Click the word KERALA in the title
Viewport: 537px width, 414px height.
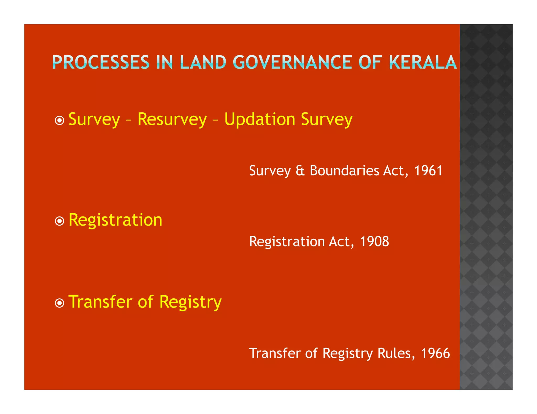[x=423, y=62]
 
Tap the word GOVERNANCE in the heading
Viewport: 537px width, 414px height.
[x=292, y=62]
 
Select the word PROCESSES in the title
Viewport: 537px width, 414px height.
[x=101, y=62]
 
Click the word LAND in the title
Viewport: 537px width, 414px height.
[x=203, y=62]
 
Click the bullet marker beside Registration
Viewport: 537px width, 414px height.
[x=60, y=221]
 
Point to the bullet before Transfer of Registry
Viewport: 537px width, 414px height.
[x=60, y=303]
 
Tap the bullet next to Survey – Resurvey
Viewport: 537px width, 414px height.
[x=60, y=121]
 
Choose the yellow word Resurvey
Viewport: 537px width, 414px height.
[x=172, y=119]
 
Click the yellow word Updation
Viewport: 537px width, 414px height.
[x=260, y=119]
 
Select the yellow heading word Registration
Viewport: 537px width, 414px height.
[x=115, y=220]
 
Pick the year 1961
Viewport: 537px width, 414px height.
[x=428, y=171]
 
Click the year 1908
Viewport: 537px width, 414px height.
[x=374, y=241]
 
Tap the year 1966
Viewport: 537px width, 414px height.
[x=435, y=353]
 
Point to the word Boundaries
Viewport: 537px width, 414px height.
[x=345, y=171]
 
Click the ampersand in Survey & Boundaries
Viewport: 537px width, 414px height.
[x=300, y=171]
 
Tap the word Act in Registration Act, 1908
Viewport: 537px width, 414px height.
[x=341, y=241]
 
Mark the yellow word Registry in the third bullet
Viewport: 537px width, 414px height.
[x=190, y=302]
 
